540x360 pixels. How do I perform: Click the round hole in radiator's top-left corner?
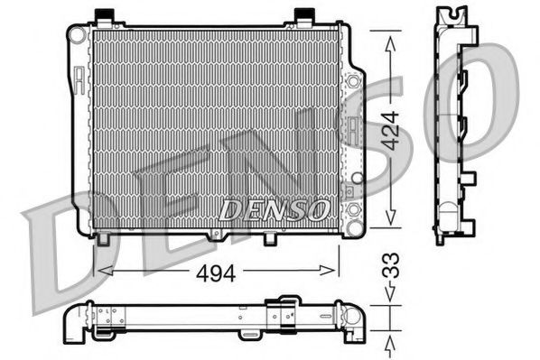79,34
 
